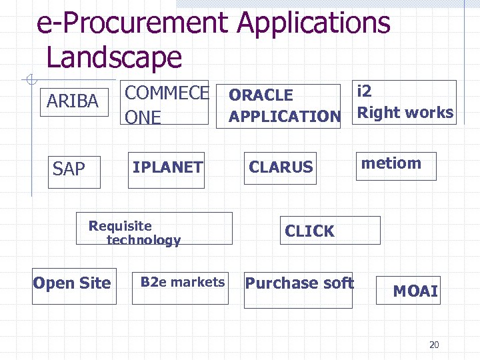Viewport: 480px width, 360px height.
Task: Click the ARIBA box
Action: point(73,101)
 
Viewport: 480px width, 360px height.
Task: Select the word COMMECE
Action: point(167,93)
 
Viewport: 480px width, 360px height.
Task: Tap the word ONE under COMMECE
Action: point(143,117)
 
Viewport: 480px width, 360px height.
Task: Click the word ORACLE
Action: point(261,95)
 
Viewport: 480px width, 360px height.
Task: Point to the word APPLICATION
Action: point(285,117)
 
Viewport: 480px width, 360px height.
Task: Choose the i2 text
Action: point(365,91)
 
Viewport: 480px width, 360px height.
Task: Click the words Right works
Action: point(405,113)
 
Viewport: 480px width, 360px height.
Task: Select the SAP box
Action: point(69,169)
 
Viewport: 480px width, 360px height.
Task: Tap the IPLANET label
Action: point(167,167)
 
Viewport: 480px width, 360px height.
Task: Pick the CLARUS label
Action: point(281,167)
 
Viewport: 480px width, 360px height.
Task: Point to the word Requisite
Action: point(120,226)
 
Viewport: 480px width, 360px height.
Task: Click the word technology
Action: point(143,240)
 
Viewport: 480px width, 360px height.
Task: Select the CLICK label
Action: point(310,231)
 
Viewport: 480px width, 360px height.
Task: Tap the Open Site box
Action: point(73,283)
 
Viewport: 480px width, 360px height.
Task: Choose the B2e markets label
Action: point(183,282)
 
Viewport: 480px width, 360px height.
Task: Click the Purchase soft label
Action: point(299,283)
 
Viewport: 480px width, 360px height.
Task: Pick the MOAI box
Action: point(415,291)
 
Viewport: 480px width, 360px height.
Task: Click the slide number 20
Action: point(434,345)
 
